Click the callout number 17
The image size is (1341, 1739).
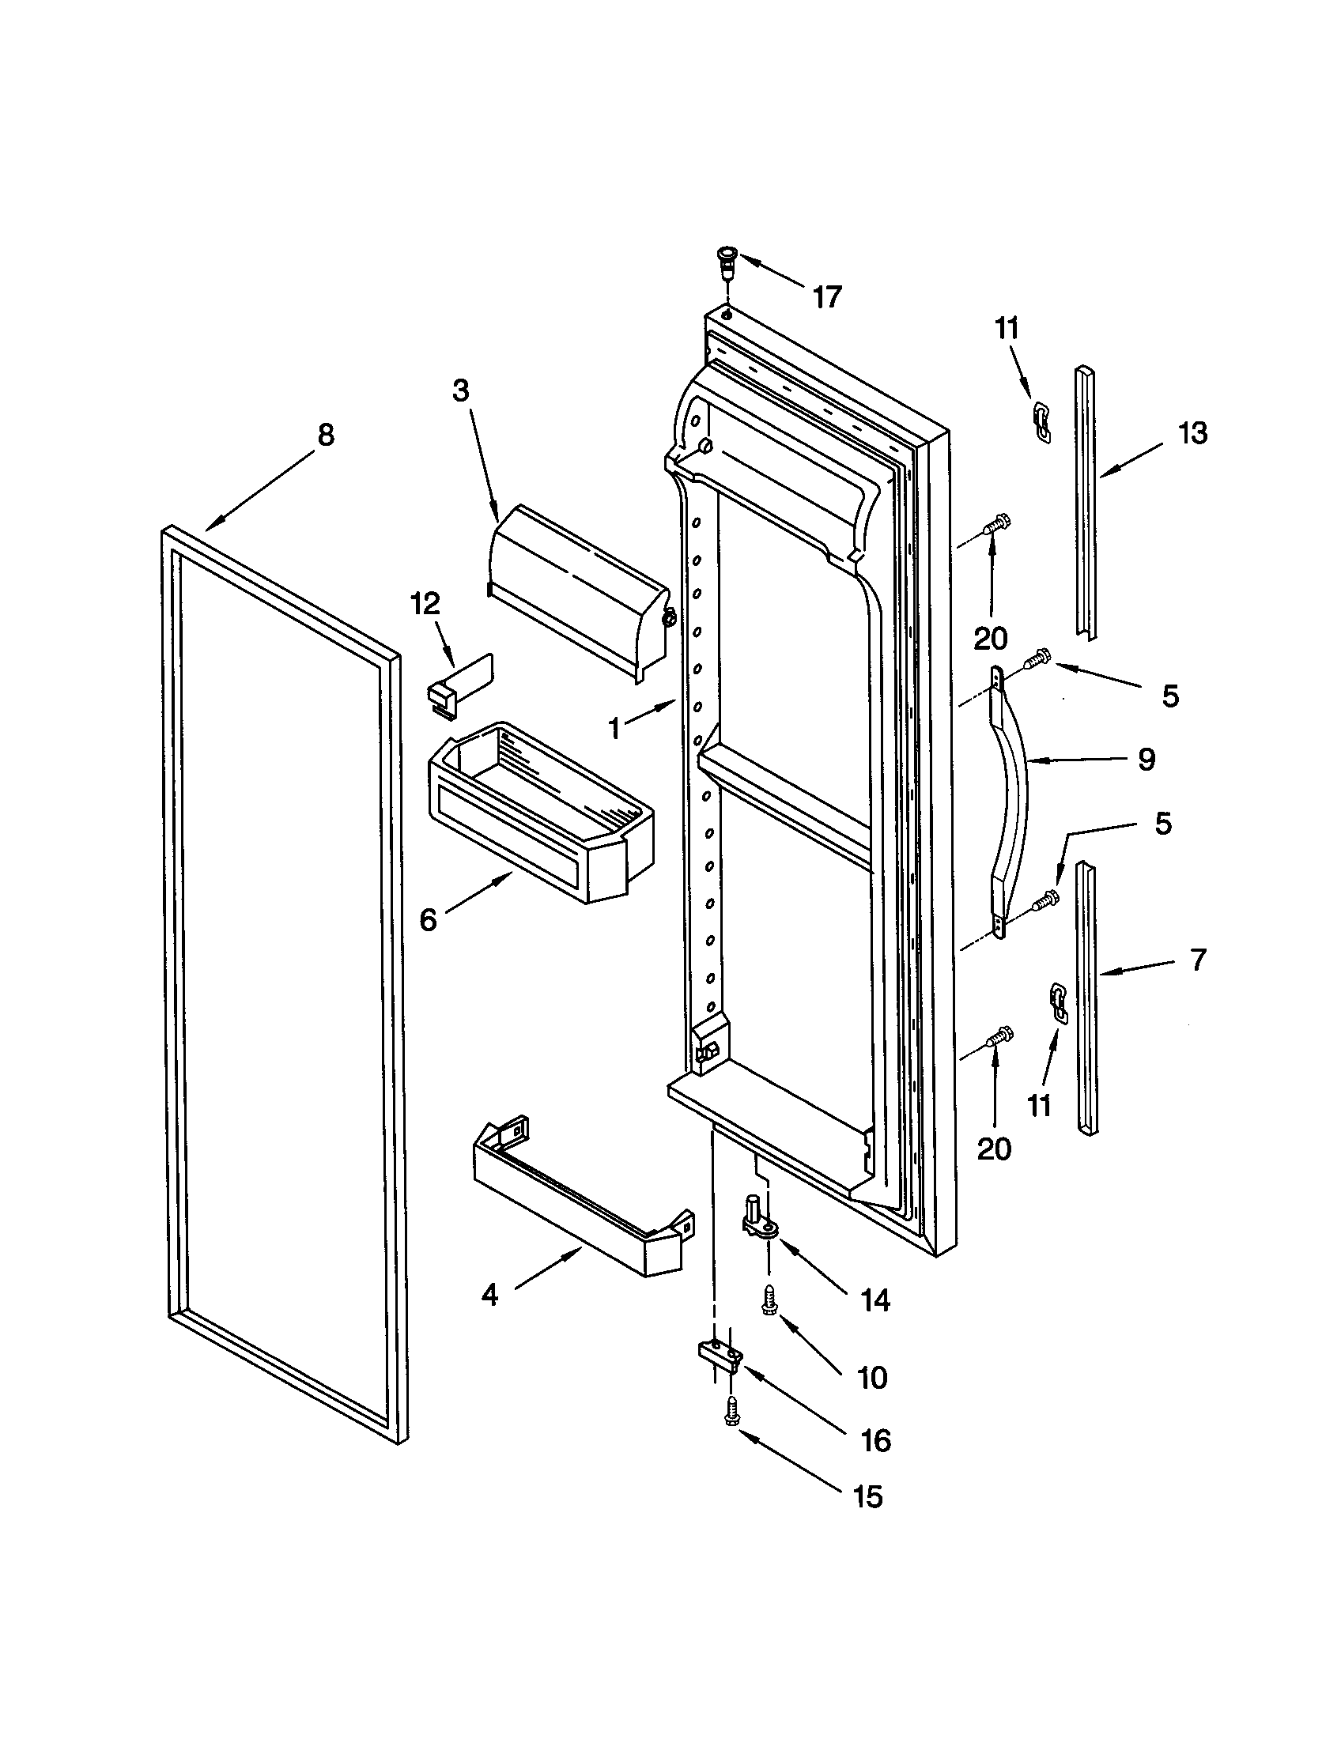826,297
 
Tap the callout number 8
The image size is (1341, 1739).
326,435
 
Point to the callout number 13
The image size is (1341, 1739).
1192,433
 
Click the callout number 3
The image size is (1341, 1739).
461,391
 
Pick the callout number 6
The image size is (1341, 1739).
429,920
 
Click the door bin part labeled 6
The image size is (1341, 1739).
542,812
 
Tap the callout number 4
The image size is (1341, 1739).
489,1296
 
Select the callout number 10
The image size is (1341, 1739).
873,1379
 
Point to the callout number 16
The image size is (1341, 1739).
876,1440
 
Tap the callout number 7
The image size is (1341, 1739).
1199,960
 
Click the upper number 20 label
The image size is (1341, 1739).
991,638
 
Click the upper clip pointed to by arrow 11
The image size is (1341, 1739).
1041,421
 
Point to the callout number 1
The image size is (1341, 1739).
613,727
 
